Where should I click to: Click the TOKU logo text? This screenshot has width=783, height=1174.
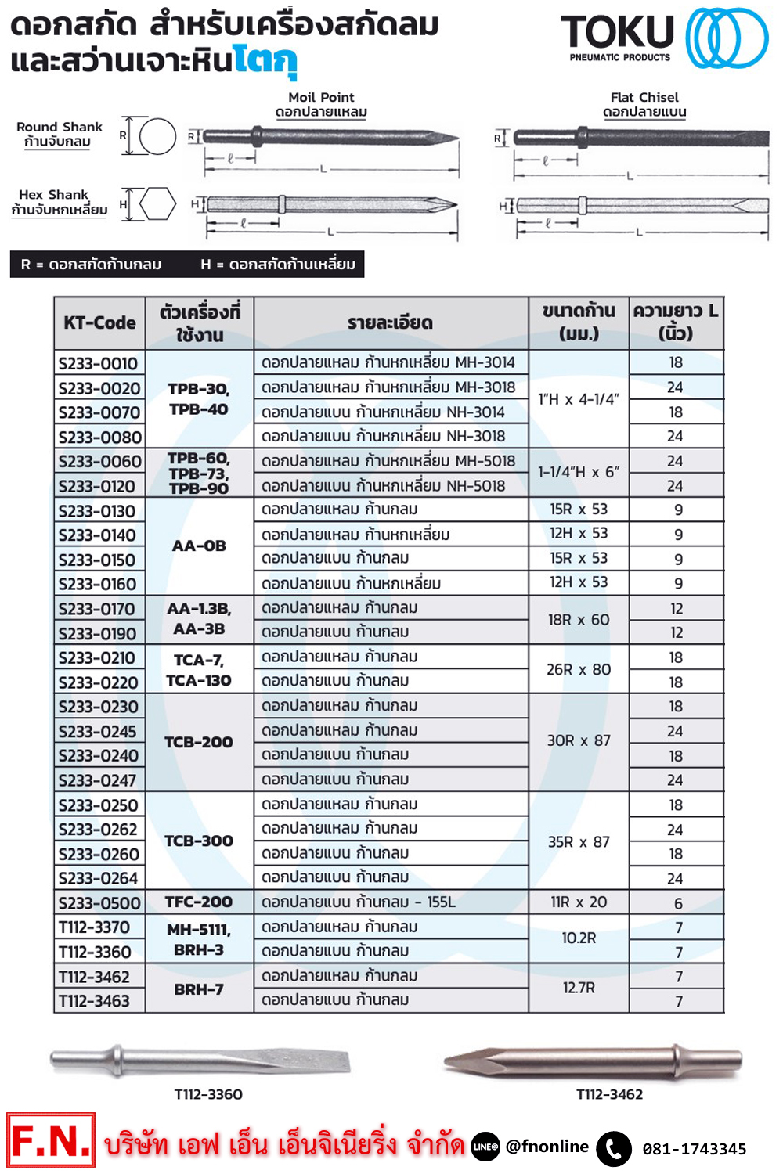617,33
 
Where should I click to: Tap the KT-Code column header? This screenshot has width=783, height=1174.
99,322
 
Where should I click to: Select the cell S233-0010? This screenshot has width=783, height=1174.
98,363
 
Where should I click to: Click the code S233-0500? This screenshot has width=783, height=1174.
99,903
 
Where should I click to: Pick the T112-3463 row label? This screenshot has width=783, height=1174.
94,1001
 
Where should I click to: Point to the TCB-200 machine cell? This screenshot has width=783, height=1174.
199,742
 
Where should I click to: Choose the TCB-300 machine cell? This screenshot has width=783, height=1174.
199,841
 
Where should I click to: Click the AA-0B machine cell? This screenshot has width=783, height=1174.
199,546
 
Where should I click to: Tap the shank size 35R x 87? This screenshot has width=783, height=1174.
579,842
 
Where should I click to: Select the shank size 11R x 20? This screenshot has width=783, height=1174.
579,902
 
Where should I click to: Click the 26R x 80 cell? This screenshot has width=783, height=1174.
579,670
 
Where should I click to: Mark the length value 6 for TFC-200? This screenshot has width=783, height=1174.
678,903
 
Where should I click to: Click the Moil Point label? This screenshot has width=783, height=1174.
321,97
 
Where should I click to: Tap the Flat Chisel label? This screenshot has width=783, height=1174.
644,97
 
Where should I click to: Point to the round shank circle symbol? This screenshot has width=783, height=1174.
157,137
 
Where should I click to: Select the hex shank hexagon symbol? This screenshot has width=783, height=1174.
157,204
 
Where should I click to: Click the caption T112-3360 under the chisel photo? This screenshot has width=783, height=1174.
208,1094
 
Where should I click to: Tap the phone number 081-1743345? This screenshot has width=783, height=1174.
695,1149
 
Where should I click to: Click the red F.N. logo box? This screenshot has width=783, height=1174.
51,1140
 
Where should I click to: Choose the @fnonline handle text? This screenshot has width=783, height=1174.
547,1147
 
